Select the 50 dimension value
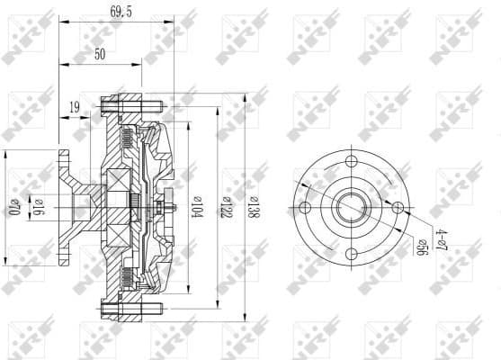(100, 55)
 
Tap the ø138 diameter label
(254, 208)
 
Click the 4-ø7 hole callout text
(440, 238)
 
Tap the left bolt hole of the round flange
(305, 209)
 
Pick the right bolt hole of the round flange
(397, 208)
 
